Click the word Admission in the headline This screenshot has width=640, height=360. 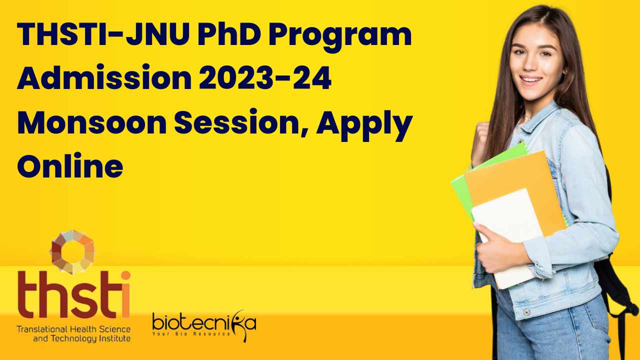(x=104, y=77)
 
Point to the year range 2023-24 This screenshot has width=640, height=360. (x=265, y=77)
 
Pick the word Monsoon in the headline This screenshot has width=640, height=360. (x=92, y=123)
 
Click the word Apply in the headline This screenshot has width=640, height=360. (x=364, y=125)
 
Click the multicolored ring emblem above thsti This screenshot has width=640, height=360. (x=73, y=251)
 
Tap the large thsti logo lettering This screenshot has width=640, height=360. (x=74, y=294)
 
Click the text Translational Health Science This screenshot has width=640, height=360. (x=73, y=329)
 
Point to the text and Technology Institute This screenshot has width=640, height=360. (x=82, y=339)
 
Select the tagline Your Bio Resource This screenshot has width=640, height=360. (x=191, y=333)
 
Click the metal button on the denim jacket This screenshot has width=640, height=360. (x=526, y=312)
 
